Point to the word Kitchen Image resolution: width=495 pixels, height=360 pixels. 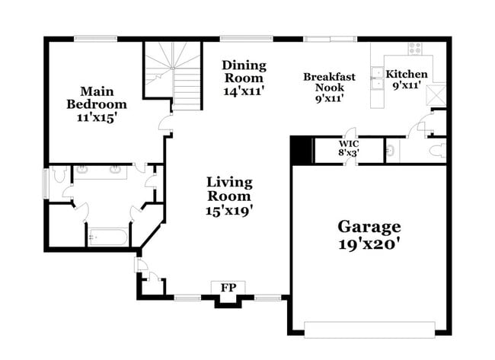(406, 75)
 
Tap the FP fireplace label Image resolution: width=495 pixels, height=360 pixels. (227, 288)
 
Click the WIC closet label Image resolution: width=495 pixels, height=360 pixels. (349, 143)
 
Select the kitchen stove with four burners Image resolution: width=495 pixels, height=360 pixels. (415, 47)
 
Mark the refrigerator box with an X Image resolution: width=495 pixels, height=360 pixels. (437, 95)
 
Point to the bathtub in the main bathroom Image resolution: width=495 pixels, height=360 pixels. (107, 237)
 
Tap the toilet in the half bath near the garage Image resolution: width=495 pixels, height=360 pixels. (436, 151)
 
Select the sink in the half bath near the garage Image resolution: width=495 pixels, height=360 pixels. (389, 151)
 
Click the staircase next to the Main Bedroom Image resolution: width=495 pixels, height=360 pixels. (173, 75)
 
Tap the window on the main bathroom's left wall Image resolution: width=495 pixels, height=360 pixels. (44, 183)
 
